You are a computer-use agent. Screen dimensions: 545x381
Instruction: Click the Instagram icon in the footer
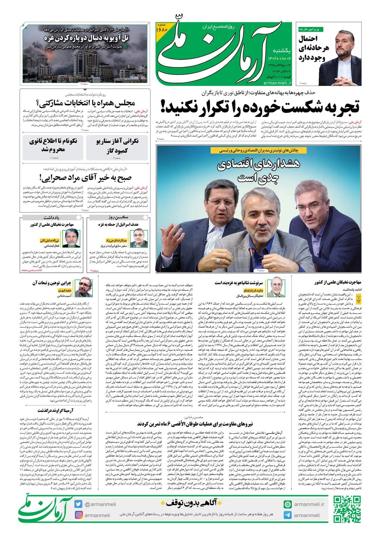click(x=79, y=515)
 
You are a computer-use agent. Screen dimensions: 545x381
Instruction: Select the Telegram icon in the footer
click(x=288, y=515)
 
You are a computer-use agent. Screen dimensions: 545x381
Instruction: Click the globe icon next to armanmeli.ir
click(x=288, y=504)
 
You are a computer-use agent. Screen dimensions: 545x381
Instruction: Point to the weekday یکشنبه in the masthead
click(x=282, y=51)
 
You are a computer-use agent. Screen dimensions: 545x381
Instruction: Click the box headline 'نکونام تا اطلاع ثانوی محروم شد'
click(x=53, y=145)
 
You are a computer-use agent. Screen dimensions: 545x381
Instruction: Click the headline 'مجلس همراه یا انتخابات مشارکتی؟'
click(x=86, y=103)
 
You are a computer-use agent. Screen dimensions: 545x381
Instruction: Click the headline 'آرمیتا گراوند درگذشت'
click(x=56, y=411)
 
